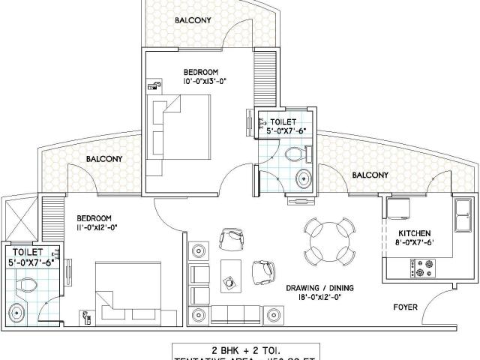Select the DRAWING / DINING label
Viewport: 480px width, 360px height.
(319, 287)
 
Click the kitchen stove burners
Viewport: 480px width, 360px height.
(422, 264)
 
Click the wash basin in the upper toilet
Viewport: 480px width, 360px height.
(303, 178)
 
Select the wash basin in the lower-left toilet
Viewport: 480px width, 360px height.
(18, 310)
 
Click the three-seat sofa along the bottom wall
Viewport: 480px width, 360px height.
(236, 313)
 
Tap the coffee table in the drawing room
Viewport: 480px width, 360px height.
(229, 277)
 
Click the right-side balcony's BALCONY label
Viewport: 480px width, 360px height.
(370, 175)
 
